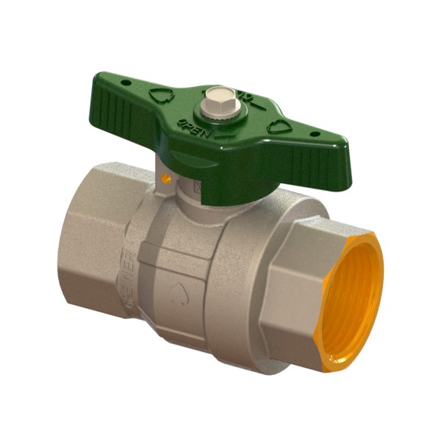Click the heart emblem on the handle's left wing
click(x=161, y=95)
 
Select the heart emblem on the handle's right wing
click(x=278, y=125)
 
